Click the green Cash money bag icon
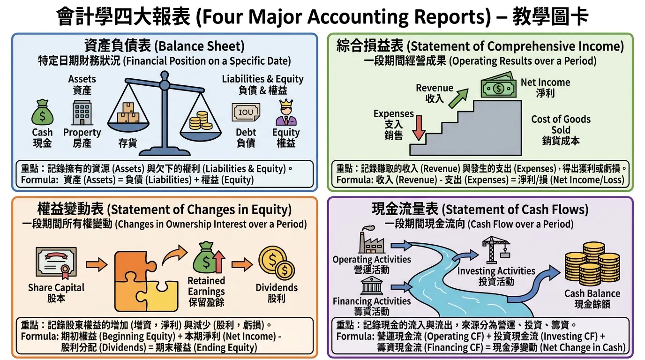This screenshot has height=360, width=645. point(42,112)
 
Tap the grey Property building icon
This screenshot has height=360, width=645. point(82,112)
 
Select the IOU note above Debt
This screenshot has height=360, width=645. point(246,112)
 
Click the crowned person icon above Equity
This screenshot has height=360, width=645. point(286,112)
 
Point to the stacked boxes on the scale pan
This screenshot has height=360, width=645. point(128,112)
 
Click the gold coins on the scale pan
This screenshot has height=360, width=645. point(201,120)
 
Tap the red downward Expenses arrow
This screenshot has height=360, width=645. point(419,128)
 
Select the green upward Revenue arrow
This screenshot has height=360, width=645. point(458,98)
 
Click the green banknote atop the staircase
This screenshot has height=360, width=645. point(498,85)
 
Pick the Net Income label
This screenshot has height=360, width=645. point(545,88)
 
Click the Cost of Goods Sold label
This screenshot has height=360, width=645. point(561,130)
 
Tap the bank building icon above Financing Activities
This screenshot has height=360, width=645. point(371,285)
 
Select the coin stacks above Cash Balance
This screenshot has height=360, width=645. point(592,264)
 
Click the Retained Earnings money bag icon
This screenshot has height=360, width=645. point(209,257)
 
